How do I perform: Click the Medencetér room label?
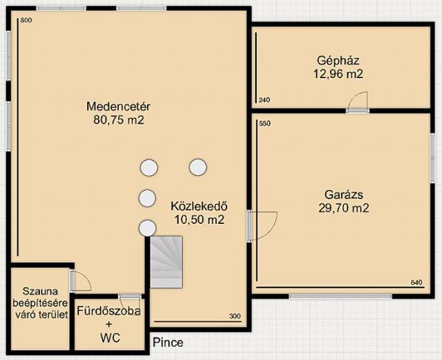click(x=118, y=106)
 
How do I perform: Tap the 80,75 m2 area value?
click(x=119, y=120)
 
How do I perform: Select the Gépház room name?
click(x=338, y=61)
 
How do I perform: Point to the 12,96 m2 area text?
click(x=338, y=74)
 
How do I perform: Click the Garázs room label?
click(x=344, y=195)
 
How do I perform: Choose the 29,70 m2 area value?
click(x=344, y=208)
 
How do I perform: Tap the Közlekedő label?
click(x=199, y=206)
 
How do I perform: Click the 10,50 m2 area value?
click(x=200, y=220)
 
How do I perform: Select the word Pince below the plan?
click(x=168, y=343)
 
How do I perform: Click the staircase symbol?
click(x=166, y=262)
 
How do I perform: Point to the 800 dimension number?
click(x=26, y=20)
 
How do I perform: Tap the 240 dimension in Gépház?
click(x=264, y=100)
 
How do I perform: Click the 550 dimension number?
click(x=265, y=123)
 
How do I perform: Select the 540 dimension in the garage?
click(x=416, y=282)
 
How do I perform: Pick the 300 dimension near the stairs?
click(x=235, y=316)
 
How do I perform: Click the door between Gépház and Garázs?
click(x=358, y=102)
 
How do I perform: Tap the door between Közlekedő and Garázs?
click(x=262, y=226)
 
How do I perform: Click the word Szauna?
click(x=40, y=291)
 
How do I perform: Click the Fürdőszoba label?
click(x=109, y=311)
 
